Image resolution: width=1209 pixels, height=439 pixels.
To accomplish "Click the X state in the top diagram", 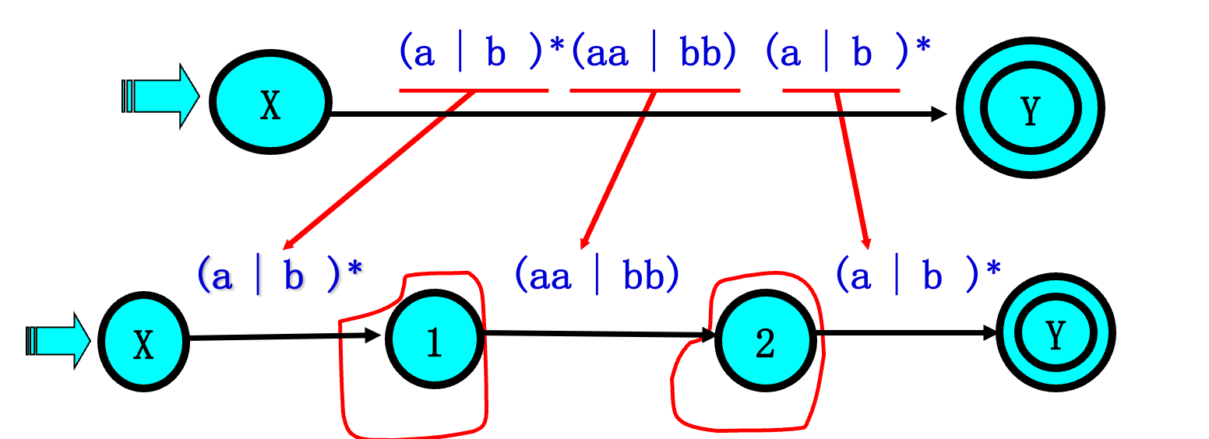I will pos(270,104).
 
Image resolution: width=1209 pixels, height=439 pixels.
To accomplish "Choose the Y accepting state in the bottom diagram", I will pos(1055,334).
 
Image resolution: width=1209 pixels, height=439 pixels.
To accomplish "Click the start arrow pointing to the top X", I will pos(160,97).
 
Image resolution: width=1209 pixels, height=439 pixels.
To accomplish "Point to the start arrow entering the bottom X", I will pos(58,340).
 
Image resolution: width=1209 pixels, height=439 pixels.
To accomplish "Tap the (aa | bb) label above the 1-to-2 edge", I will pos(597,275).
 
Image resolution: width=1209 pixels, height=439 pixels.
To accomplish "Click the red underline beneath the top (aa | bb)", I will pos(654,91).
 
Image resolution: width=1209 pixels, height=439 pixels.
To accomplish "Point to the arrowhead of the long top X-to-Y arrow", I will pos(939,114).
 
